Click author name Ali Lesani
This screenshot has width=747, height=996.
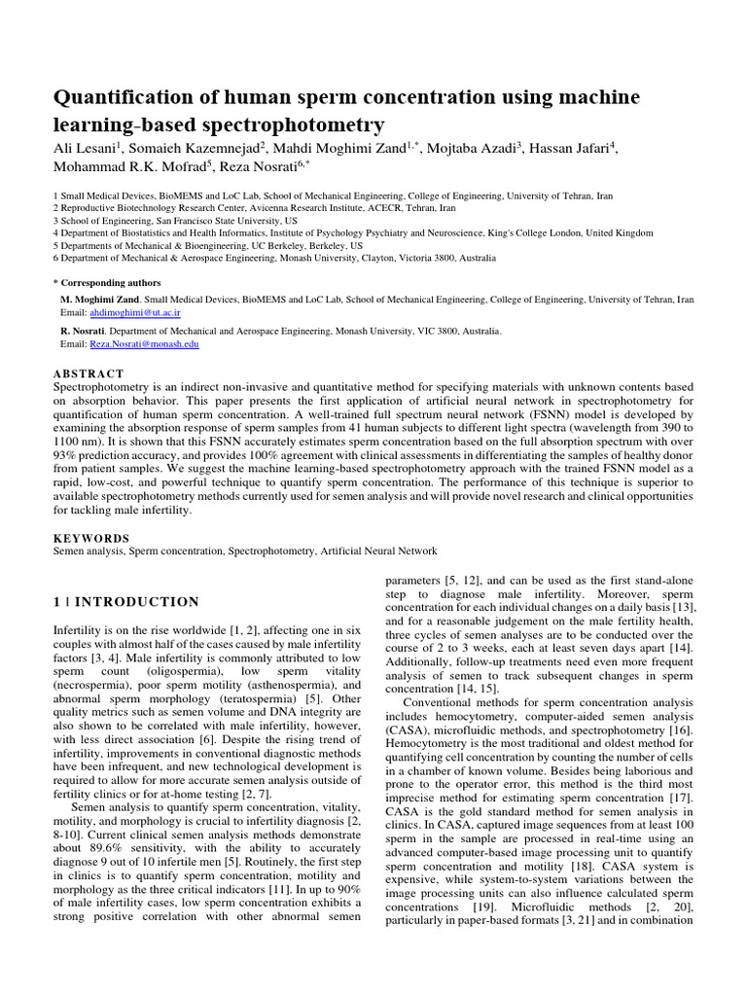86,147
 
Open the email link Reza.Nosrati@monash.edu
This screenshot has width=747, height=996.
145,344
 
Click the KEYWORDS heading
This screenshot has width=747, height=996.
90,538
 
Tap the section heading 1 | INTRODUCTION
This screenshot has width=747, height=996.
126,602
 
